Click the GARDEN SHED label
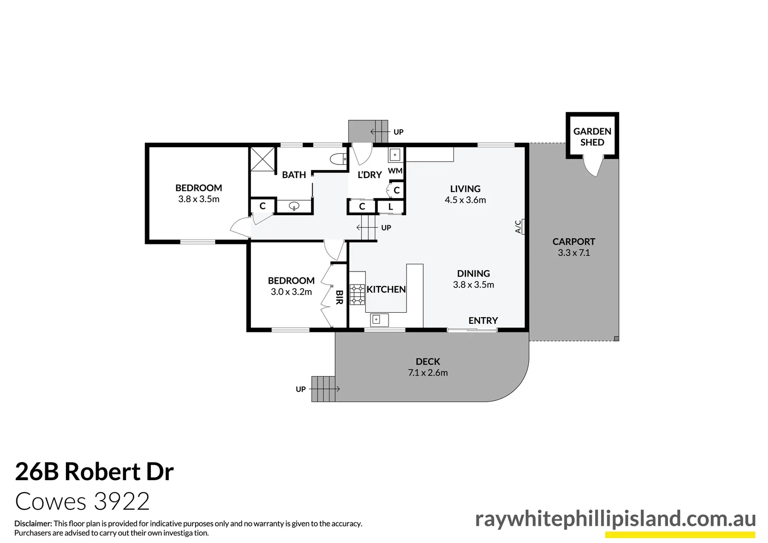[x=592, y=137]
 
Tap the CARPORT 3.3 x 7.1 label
[x=573, y=247]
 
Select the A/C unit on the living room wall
[x=523, y=227]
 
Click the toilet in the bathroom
[x=339, y=159]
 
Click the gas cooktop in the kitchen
[x=357, y=294]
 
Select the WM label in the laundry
[x=395, y=171]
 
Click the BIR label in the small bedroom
[x=339, y=297]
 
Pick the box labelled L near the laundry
[x=391, y=207]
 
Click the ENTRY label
[x=483, y=321]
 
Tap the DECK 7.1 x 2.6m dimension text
[x=428, y=373]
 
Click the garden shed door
[x=593, y=166]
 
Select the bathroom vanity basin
[x=295, y=206]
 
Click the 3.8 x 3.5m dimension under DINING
[x=473, y=285]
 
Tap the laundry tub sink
[x=395, y=154]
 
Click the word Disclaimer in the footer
[x=33, y=524]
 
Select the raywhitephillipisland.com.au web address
[x=615, y=519]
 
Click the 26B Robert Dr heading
[x=94, y=472]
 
